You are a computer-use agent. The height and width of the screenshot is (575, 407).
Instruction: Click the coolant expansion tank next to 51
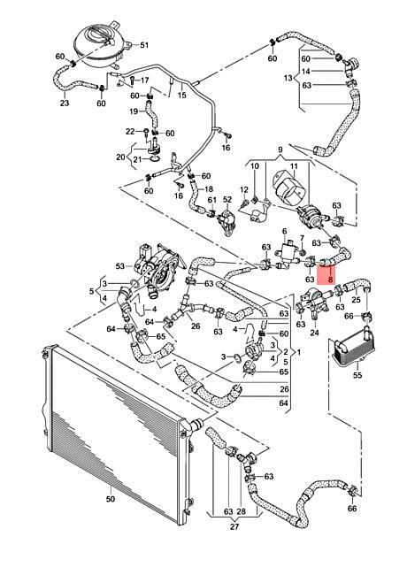point(100,45)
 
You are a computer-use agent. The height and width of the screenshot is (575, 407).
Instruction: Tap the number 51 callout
point(144,45)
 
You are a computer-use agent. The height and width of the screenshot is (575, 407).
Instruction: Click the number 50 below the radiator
point(110,499)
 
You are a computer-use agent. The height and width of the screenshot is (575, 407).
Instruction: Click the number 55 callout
point(357,375)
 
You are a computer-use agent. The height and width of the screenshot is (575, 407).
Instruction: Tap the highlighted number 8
point(331,280)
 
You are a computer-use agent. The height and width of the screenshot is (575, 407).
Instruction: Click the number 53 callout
point(120,266)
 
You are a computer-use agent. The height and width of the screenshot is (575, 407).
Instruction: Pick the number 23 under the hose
point(65,103)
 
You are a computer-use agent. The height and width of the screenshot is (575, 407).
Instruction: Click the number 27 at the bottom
point(234,526)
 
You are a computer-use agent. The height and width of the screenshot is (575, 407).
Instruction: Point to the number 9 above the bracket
point(280,149)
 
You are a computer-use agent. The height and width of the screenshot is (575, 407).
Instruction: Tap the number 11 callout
point(294,166)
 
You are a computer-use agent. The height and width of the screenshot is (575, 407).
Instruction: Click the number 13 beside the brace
point(288,78)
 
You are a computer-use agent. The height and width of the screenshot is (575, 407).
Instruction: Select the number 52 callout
point(227,200)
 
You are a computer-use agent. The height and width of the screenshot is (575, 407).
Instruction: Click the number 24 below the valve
point(315,333)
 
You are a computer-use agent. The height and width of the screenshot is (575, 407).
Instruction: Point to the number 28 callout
point(242,511)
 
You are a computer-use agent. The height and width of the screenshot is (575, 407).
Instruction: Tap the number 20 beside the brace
point(120,157)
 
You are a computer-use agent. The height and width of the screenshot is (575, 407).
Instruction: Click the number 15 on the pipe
point(182,95)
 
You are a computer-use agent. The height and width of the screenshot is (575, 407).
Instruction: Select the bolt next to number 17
point(132,80)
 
